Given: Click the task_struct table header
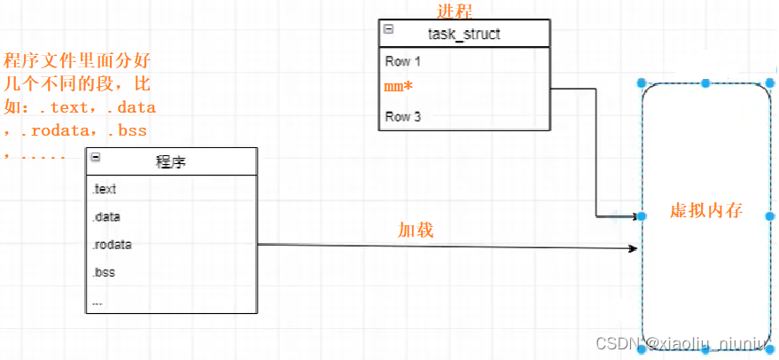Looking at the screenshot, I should tap(464, 35).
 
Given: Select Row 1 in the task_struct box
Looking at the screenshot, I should tap(403, 62).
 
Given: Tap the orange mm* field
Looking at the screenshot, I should tap(399, 88).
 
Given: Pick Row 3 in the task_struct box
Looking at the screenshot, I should tap(403, 116).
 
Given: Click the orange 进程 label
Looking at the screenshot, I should tap(456, 11).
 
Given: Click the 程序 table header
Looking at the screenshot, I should tap(171, 161).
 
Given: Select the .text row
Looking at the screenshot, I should tap(104, 189).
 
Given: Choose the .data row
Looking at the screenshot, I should tap(105, 216).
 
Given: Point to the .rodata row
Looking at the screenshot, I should tap(111, 245).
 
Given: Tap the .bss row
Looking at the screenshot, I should tap(104, 272).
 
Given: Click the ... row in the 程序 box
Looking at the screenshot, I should tap(97, 301).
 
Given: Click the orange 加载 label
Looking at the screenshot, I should tap(415, 229).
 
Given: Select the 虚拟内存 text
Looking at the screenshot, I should tap(705, 212).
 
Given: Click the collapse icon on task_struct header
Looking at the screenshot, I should tap(388, 29).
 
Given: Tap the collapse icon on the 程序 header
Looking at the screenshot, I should tap(96, 157).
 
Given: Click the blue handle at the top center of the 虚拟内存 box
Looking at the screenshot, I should tap(705, 83).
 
